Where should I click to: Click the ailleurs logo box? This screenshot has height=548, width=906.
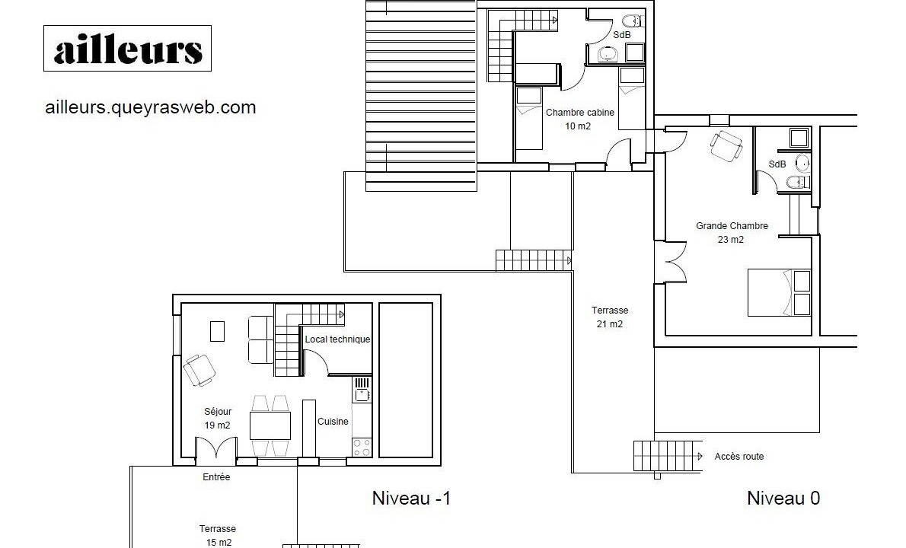point(127,49)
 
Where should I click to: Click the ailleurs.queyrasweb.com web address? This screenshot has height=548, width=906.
point(150,107)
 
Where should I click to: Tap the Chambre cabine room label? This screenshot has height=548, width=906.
point(579,113)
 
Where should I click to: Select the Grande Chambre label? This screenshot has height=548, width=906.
point(732,226)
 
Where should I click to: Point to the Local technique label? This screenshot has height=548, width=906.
point(337,339)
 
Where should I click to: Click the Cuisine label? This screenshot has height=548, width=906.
point(333,422)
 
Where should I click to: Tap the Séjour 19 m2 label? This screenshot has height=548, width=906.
point(217,419)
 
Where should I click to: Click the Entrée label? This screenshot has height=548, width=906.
point(216,477)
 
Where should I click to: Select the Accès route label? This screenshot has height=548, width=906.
point(739,457)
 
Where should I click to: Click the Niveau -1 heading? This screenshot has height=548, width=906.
point(411,499)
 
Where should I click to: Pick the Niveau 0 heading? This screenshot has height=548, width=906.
point(783,499)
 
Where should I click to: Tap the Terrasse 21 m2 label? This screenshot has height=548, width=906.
point(610,317)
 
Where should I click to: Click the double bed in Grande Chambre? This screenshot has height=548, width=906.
point(780,292)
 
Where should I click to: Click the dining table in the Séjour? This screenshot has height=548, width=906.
point(270,425)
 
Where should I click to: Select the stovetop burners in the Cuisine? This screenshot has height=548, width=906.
point(362,448)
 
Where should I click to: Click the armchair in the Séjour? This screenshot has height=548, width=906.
point(200,370)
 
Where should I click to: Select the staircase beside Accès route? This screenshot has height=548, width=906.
point(668,457)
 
